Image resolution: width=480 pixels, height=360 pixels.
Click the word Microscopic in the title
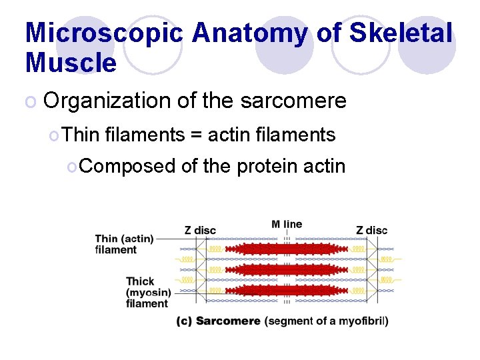coord(103,33)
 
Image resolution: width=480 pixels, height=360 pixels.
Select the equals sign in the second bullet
coord(196,135)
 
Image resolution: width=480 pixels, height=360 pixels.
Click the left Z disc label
coord(200,230)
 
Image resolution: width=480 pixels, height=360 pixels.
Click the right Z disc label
coord(371,230)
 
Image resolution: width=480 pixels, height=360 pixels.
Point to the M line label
coord(287,224)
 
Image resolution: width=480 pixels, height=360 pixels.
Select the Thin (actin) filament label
coord(125,244)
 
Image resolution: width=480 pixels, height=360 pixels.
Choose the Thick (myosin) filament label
coord(147,292)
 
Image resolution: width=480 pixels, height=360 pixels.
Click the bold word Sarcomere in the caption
coord(228,321)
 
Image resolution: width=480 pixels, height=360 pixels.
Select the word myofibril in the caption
coord(363,321)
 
